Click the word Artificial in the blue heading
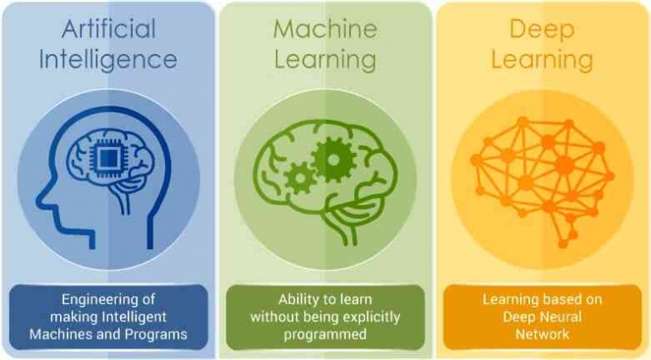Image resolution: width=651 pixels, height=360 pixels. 109,29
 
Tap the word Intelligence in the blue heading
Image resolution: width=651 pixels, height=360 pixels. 108,61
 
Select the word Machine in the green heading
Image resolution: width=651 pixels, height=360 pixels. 325,29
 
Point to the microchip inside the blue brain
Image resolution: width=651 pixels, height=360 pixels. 108,159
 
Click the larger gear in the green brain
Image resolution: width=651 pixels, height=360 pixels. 333,160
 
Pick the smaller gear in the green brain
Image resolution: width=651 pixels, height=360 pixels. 300,178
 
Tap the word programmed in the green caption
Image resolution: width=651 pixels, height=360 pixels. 325,335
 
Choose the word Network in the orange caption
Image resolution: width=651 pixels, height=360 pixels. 542,335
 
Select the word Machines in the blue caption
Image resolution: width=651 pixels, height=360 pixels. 60,335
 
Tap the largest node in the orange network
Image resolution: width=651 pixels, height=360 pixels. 565,165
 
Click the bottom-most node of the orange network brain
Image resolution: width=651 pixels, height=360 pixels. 563,244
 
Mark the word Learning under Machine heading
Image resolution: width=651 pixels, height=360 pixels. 325,61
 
